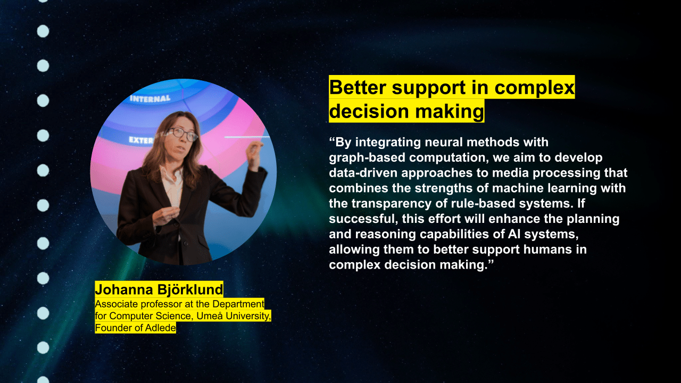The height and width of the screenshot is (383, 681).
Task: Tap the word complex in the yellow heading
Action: point(535,88)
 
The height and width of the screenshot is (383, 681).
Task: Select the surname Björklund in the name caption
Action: point(190,290)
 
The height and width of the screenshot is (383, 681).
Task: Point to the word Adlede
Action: point(161,328)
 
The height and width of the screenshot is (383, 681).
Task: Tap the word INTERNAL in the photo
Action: point(150,98)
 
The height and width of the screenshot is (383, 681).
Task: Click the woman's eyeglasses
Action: point(181,134)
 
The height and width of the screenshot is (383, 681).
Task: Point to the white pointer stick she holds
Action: point(247,137)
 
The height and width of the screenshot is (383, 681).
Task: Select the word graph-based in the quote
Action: point(367,158)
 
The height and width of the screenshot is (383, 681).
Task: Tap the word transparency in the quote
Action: point(392,204)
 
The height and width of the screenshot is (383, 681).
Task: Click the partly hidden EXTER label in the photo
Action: point(141,140)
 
